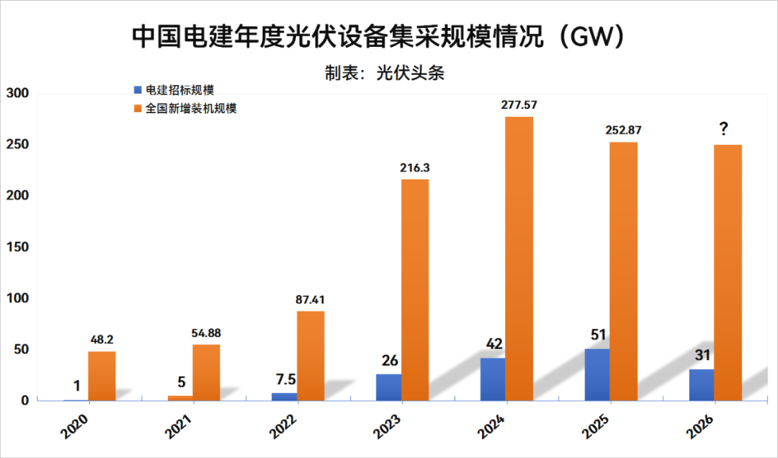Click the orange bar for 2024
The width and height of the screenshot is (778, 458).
point(519,258)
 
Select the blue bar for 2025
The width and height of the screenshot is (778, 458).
point(597,374)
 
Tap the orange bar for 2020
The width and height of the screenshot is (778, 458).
point(102,376)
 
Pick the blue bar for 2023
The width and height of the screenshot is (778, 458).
point(388,387)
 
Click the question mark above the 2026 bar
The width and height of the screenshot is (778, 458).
point(723,130)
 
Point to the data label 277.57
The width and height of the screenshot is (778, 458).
point(519,105)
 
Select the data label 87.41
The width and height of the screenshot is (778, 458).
point(311,299)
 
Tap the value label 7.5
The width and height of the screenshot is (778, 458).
point(284,380)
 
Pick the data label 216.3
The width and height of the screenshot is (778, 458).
point(415,167)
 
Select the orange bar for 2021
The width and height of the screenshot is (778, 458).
point(206,372)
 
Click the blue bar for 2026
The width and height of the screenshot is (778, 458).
point(702,384)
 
